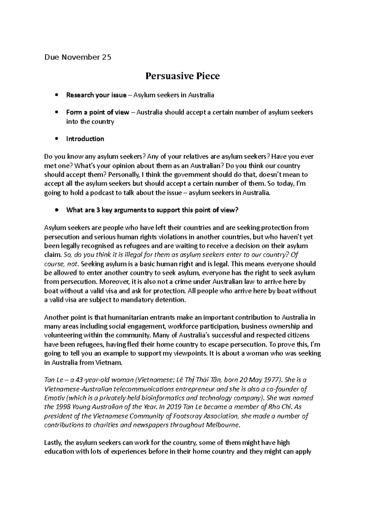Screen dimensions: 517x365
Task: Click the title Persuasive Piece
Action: click(182, 76)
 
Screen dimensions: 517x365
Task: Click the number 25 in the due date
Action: click(107, 57)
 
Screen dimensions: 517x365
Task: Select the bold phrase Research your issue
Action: click(96, 95)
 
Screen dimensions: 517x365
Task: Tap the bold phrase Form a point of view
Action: click(98, 112)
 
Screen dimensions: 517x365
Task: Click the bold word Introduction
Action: click(85, 139)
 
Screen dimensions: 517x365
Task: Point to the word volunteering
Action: click(63, 336)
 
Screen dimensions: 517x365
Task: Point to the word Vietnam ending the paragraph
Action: click(108, 363)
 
